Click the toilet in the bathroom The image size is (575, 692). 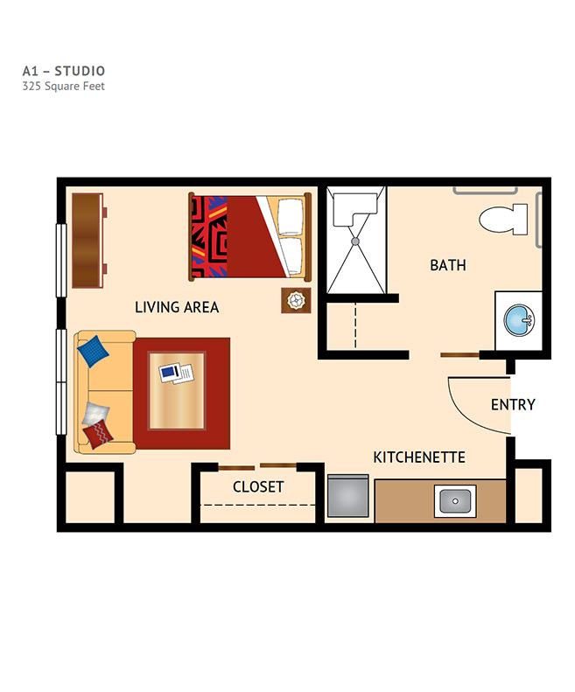(x=503, y=220)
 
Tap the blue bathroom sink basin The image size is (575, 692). (x=519, y=319)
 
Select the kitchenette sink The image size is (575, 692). (x=455, y=501)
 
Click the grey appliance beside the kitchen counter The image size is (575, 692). (x=348, y=496)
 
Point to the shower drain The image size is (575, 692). (x=355, y=241)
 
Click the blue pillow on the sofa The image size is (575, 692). (x=93, y=352)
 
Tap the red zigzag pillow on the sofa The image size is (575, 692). (x=98, y=434)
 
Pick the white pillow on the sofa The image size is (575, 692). (x=95, y=414)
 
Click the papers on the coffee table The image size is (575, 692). (x=176, y=374)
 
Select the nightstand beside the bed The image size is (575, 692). (x=296, y=301)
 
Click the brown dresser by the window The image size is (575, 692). (x=88, y=241)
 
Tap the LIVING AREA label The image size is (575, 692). (x=177, y=307)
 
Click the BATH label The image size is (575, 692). (x=448, y=265)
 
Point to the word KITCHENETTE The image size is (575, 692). (x=419, y=458)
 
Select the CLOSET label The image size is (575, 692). (x=258, y=486)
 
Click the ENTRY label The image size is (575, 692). (x=513, y=404)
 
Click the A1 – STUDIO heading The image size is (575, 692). (x=64, y=71)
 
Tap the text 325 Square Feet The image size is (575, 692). (x=64, y=86)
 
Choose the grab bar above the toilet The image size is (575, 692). (x=485, y=192)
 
